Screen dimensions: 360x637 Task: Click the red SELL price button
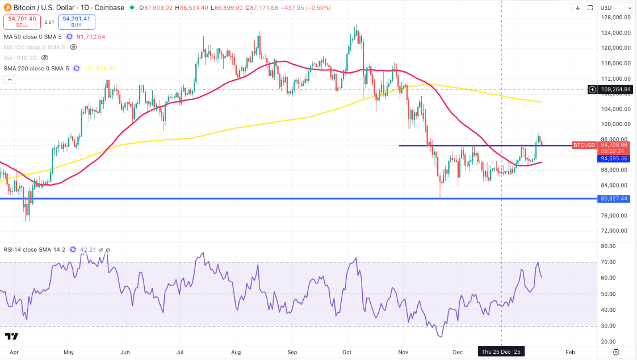(22, 22)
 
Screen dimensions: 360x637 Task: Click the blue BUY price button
(76, 22)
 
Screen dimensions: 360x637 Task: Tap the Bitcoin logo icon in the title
(9, 8)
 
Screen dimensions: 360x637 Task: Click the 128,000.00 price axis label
(616, 18)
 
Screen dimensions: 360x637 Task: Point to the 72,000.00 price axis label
(616, 231)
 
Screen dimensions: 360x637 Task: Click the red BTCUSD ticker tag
(584, 145)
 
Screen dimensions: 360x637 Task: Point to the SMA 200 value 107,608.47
(100, 68)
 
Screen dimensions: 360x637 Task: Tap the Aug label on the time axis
(237, 352)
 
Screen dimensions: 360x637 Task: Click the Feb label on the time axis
(571, 352)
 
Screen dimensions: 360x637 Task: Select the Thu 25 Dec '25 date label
(501, 352)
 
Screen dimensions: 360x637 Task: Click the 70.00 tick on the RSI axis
(609, 262)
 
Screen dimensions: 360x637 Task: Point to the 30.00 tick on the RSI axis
(609, 326)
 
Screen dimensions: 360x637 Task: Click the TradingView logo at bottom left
(11, 337)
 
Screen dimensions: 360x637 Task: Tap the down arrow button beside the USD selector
(577, 7)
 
